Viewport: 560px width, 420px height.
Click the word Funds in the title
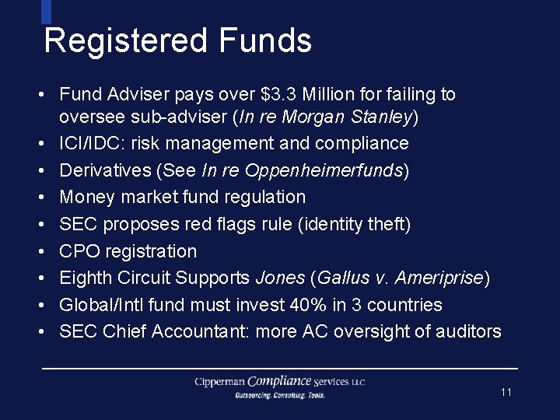pyautogui.click(x=265, y=40)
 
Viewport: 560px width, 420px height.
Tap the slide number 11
pyautogui.click(x=506, y=393)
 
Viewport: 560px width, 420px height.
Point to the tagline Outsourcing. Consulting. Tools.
pyautogui.click(x=280, y=395)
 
